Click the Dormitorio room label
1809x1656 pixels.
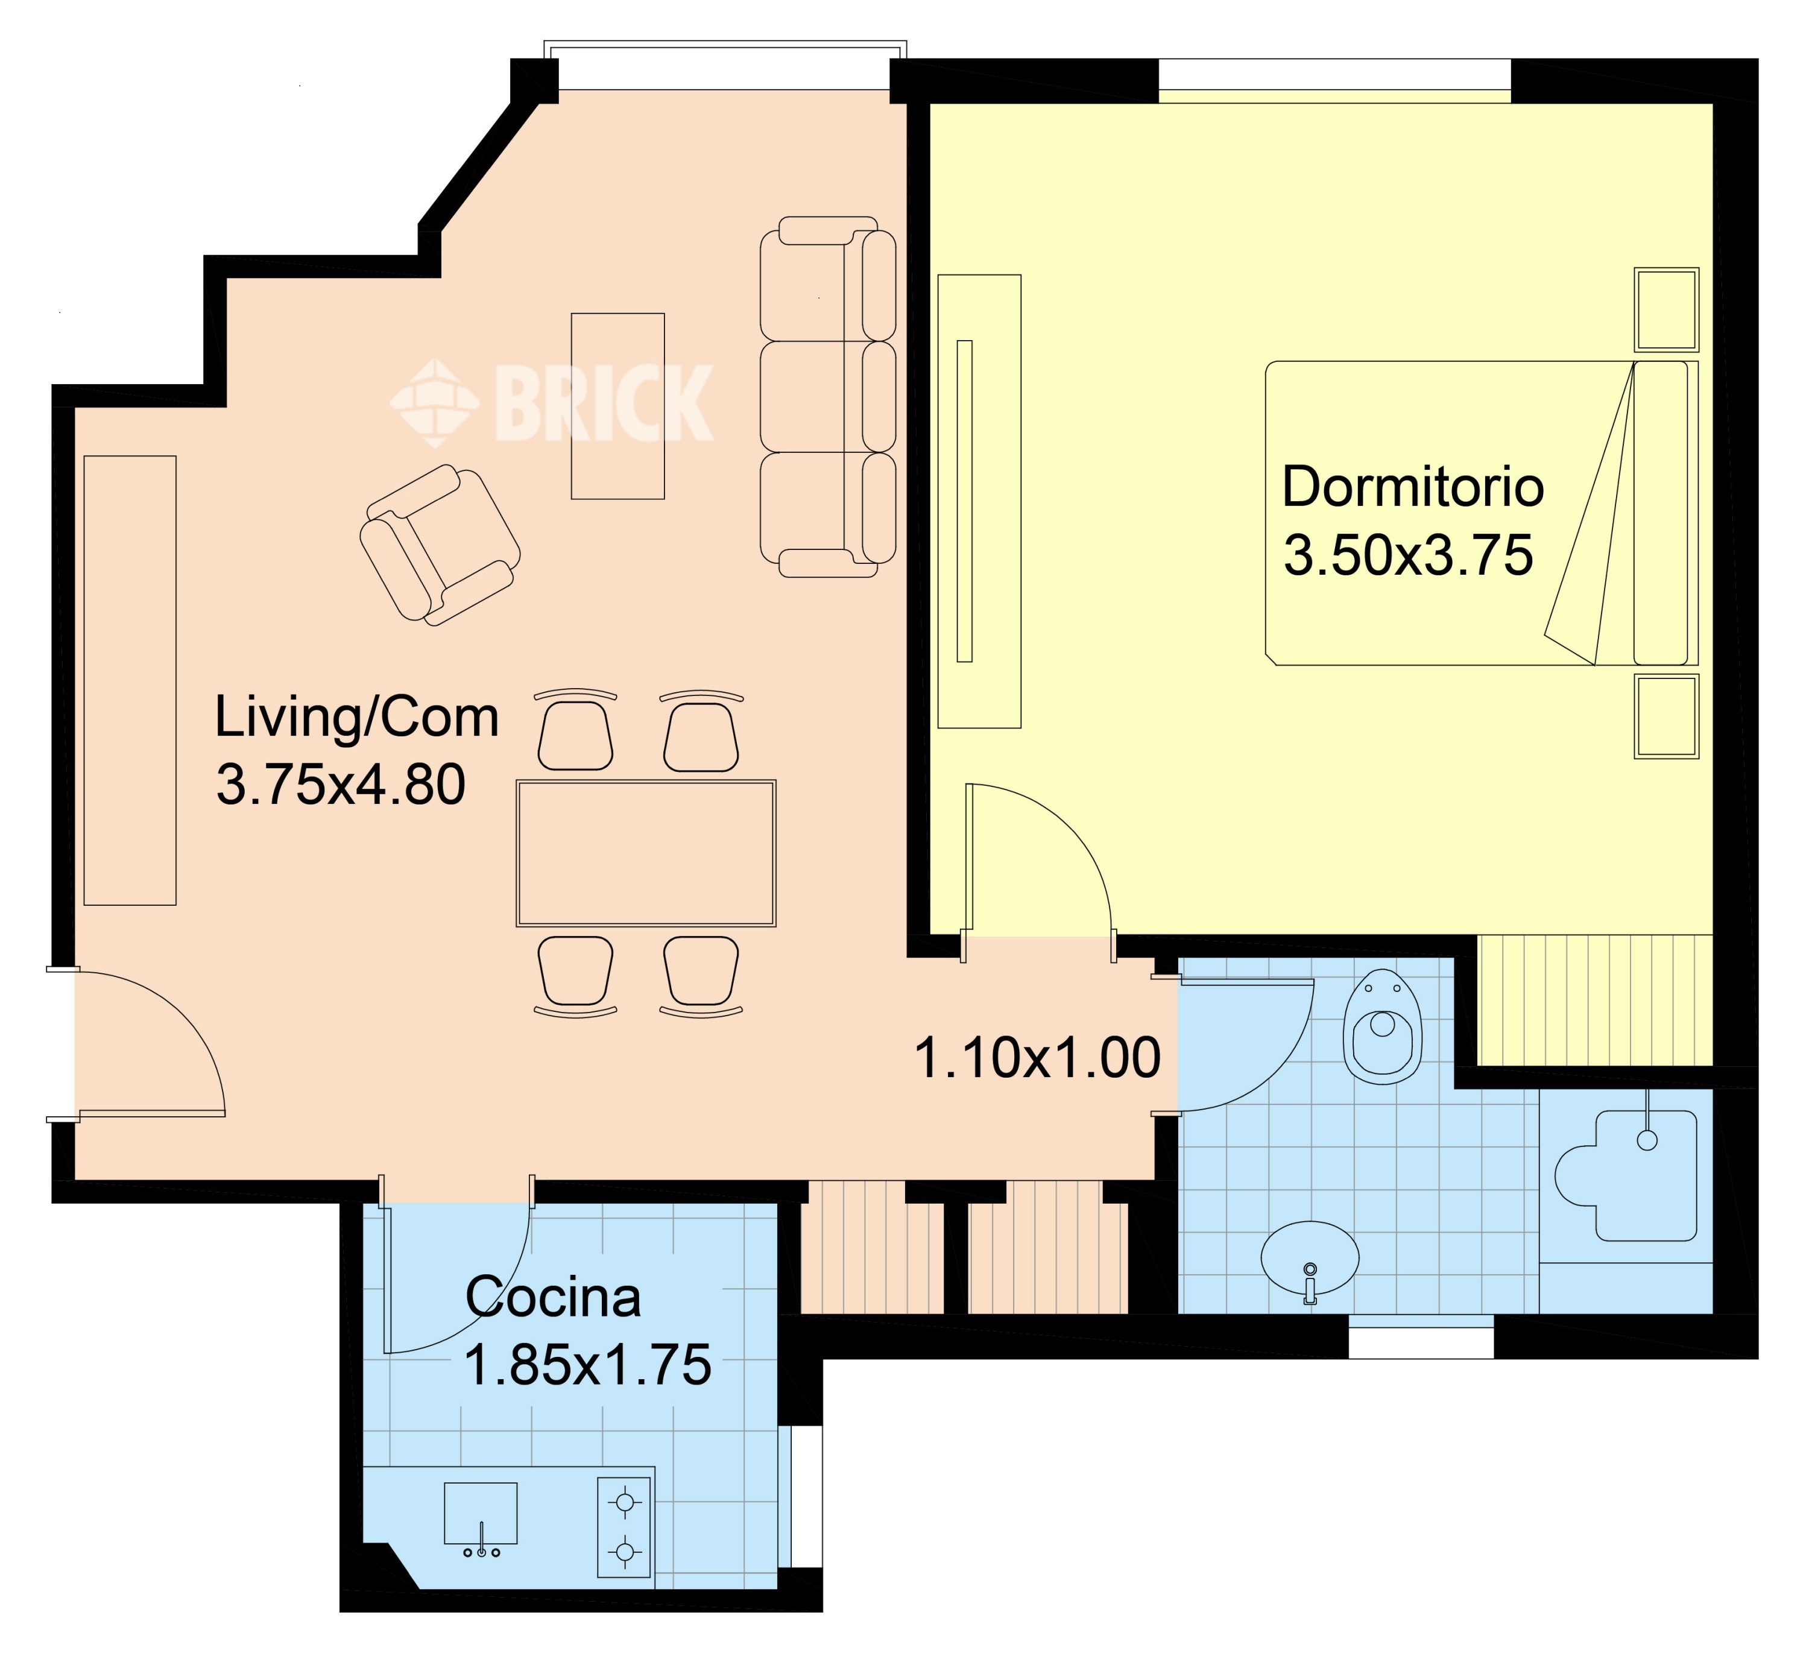click(1412, 487)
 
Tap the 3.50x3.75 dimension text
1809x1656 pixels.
click(1408, 555)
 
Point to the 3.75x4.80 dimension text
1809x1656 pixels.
click(341, 785)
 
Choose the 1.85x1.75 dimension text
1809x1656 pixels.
click(587, 1365)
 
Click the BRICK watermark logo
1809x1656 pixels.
click(552, 403)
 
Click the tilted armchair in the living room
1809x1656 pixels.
click(440, 544)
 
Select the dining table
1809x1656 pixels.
click(646, 853)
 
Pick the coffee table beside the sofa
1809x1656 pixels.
click(618, 406)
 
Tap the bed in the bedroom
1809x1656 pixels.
click(1482, 513)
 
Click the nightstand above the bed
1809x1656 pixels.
click(1666, 309)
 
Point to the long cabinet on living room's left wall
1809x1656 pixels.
click(130, 680)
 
